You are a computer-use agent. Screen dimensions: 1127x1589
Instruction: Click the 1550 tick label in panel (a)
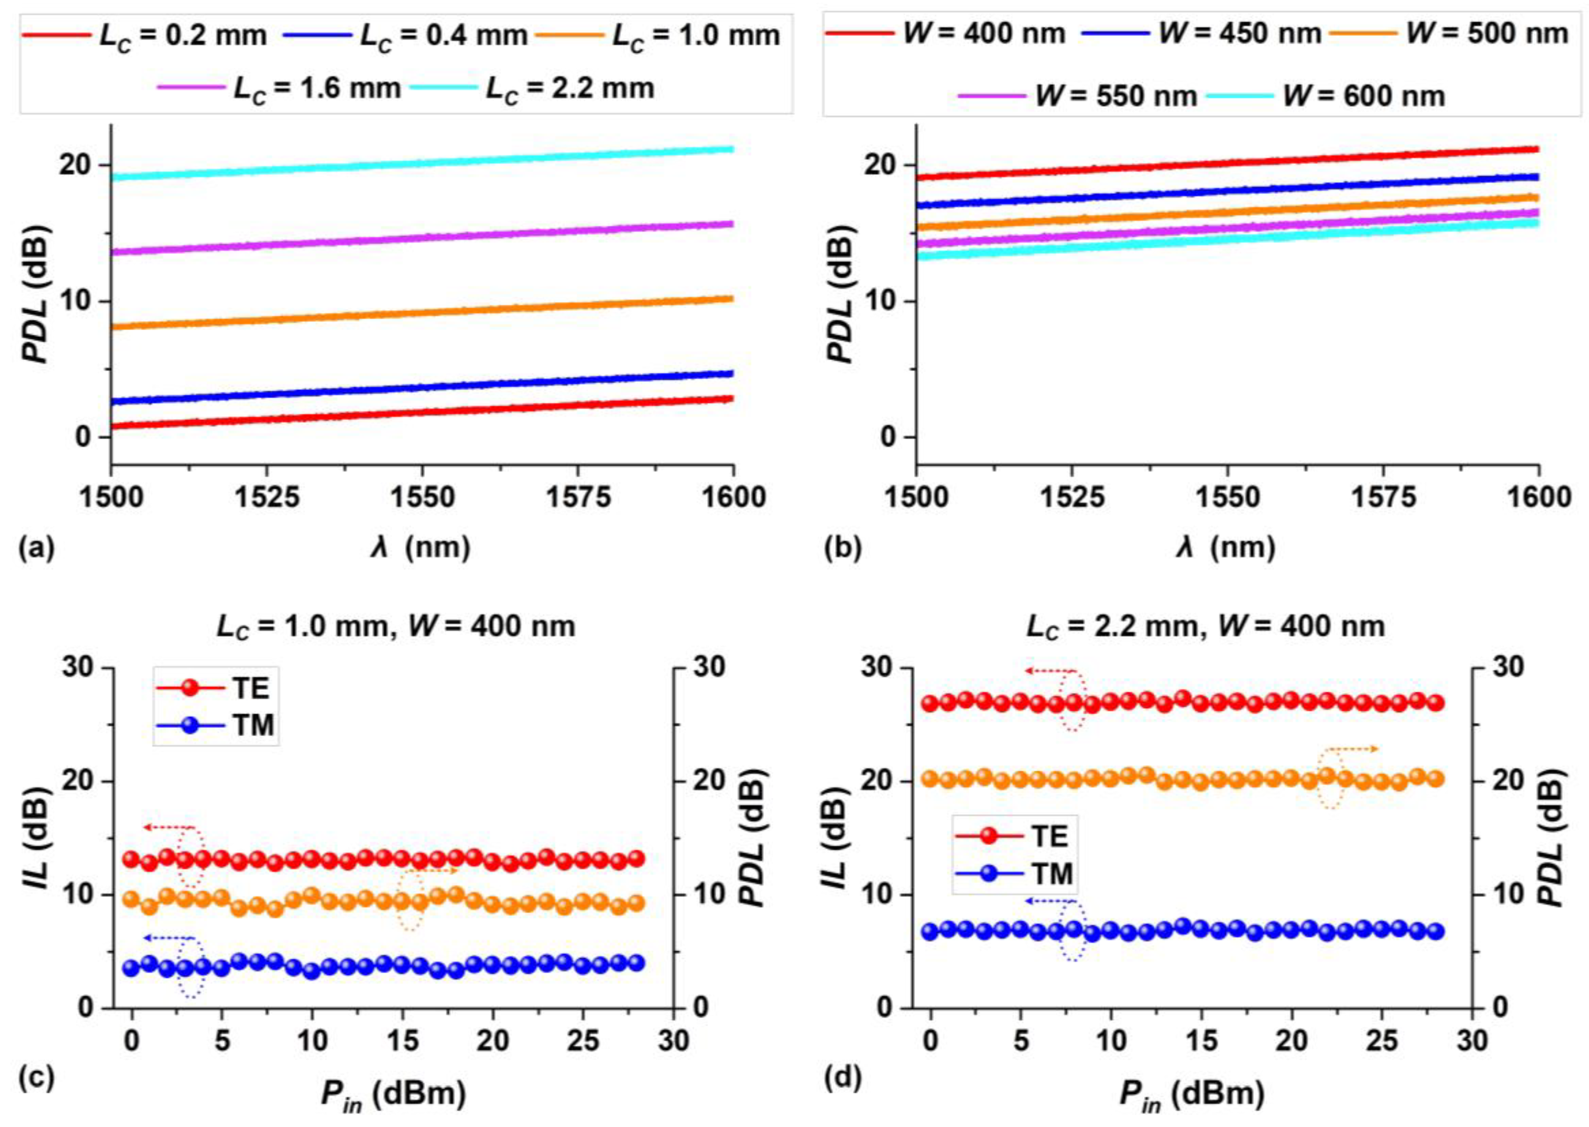click(421, 497)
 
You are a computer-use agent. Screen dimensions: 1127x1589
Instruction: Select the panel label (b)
click(842, 548)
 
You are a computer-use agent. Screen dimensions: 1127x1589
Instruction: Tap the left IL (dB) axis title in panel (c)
click(43, 840)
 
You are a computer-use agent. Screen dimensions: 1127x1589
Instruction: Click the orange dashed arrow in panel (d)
click(1350, 750)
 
